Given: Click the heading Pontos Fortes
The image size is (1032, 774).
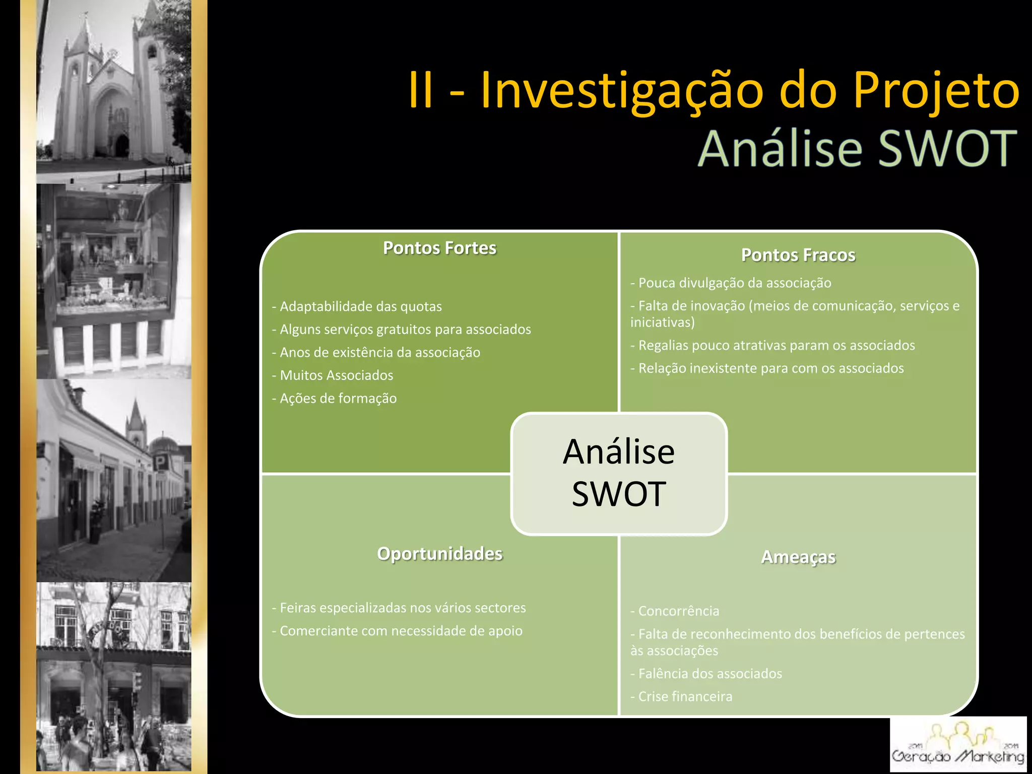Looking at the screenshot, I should coord(439,248).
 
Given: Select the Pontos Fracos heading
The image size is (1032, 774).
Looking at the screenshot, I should coord(798,255).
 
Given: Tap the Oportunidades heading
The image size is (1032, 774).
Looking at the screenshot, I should coord(439,553).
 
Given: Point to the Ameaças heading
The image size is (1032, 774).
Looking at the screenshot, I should coord(798,557).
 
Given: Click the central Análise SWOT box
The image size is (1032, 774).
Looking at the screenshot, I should coord(619,473).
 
